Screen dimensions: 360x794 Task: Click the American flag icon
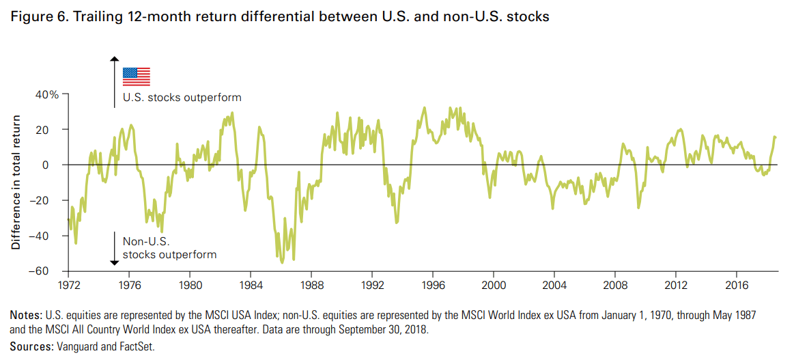[136, 76]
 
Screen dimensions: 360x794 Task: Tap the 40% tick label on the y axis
[48, 94]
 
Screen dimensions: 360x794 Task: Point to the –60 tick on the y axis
[50, 271]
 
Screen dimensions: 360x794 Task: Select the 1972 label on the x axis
[69, 283]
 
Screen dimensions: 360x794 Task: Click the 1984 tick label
[251, 283]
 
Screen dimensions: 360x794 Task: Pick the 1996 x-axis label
[433, 283]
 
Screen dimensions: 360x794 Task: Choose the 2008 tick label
[615, 283]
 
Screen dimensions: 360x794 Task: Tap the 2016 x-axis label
[737, 283]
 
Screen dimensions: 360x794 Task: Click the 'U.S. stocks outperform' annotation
[182, 98]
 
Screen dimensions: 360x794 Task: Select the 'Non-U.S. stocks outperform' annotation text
[169, 248]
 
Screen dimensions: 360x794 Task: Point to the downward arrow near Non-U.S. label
[115, 249]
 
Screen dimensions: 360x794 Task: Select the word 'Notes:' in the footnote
[26, 316]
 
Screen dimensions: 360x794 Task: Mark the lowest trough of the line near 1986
[283, 262]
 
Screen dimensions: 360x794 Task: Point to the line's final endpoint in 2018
[776, 137]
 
